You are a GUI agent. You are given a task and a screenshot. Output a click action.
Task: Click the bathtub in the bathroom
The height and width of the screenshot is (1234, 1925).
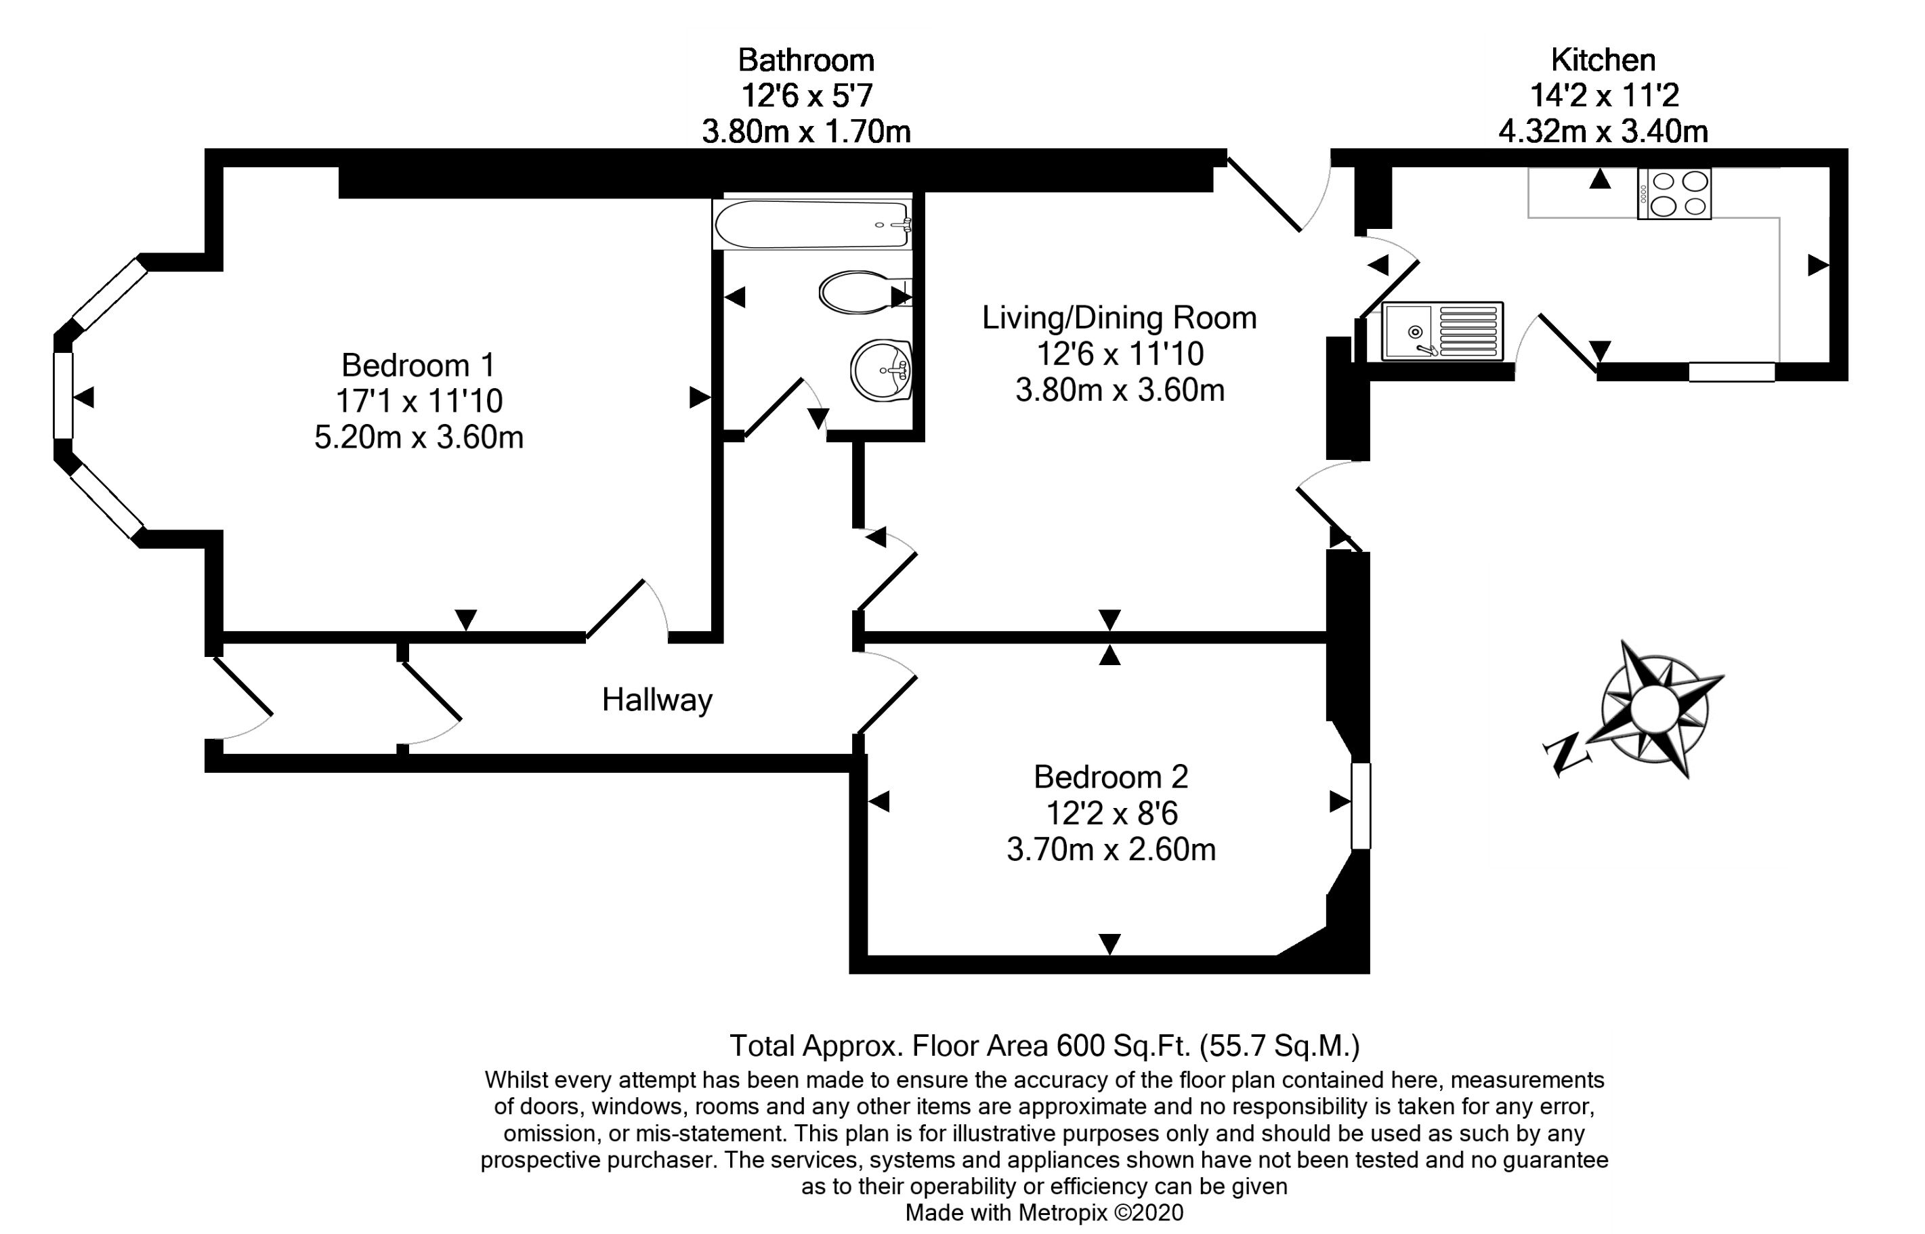pos(813,224)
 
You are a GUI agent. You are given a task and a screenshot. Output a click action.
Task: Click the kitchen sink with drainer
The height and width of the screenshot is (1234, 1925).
pos(1442,331)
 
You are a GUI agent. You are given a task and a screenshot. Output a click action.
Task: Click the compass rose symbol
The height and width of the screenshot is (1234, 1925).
pos(1654,708)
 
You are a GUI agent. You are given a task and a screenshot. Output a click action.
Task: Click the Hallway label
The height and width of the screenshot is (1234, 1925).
pos(657,700)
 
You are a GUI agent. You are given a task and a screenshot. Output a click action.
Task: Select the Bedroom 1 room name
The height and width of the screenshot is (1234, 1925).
pos(419,366)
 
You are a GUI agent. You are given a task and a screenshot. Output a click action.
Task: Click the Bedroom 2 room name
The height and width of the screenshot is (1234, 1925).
pos(1111,776)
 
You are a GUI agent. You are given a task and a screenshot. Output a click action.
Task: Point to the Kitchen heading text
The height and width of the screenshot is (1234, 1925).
pos(1603,60)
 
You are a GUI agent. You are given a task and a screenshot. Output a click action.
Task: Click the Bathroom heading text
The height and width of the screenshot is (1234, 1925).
pos(805,60)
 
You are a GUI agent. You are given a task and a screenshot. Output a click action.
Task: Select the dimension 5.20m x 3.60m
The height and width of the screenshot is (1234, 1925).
pos(419,438)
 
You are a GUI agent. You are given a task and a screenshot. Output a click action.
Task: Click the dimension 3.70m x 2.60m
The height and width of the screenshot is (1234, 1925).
pos(1111,849)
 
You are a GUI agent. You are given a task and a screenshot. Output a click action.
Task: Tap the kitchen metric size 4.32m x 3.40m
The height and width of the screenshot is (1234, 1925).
pos(1603,131)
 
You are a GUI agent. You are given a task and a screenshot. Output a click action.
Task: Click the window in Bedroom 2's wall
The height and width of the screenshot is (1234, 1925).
pos(1361,806)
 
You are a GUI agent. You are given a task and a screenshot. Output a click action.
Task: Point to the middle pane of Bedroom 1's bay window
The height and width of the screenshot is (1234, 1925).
pos(63,396)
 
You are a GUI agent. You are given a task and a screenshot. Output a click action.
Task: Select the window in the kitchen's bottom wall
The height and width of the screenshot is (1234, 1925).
pos(1732,372)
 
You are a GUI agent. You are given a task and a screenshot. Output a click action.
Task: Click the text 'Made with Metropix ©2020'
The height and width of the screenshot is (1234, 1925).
pos(1044,1213)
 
